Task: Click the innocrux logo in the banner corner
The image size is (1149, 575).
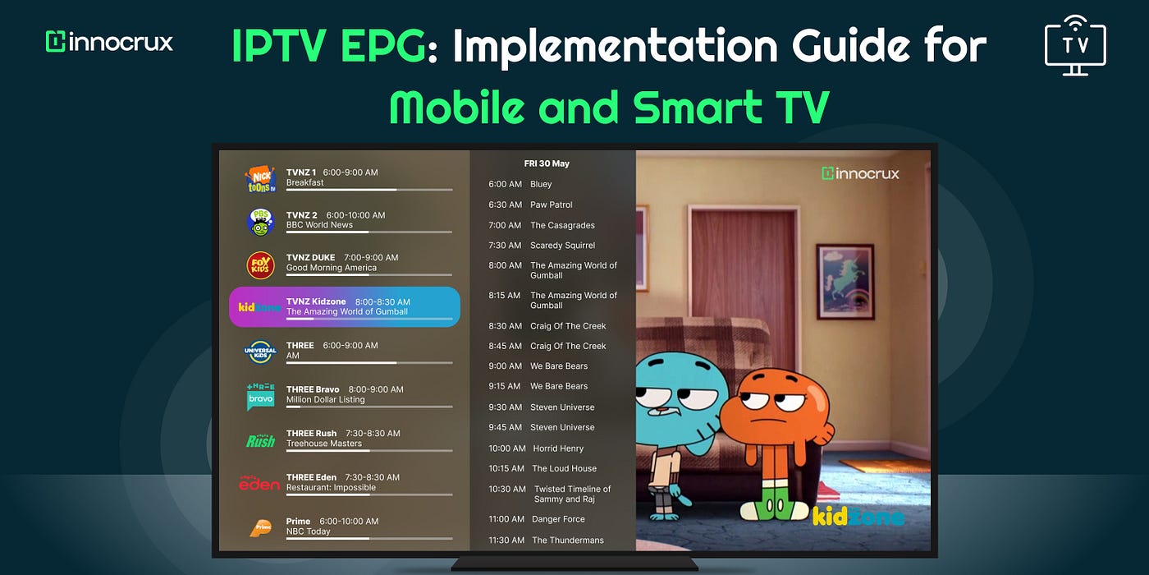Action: tap(109, 42)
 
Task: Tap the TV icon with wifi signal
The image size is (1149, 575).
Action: tap(1075, 45)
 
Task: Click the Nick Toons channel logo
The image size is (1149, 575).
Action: tap(261, 179)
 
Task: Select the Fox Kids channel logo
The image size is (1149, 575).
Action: tap(261, 264)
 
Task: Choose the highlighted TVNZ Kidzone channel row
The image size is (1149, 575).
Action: tap(345, 307)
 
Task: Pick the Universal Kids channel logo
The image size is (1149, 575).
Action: tap(261, 352)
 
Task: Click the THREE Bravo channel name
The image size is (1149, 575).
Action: tap(313, 389)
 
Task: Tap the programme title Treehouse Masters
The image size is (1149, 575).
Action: tap(323, 444)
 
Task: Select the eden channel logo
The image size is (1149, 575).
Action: tap(259, 483)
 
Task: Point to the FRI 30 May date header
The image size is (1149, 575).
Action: tap(547, 163)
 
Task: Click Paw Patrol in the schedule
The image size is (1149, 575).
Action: tap(552, 205)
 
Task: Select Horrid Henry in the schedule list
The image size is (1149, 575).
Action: tap(558, 448)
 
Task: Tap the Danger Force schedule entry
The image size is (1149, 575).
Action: tap(558, 519)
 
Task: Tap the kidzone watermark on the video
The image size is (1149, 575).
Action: tap(857, 516)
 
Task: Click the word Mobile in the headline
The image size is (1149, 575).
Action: tap(478, 107)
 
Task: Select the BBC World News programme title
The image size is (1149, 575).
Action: tap(319, 225)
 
